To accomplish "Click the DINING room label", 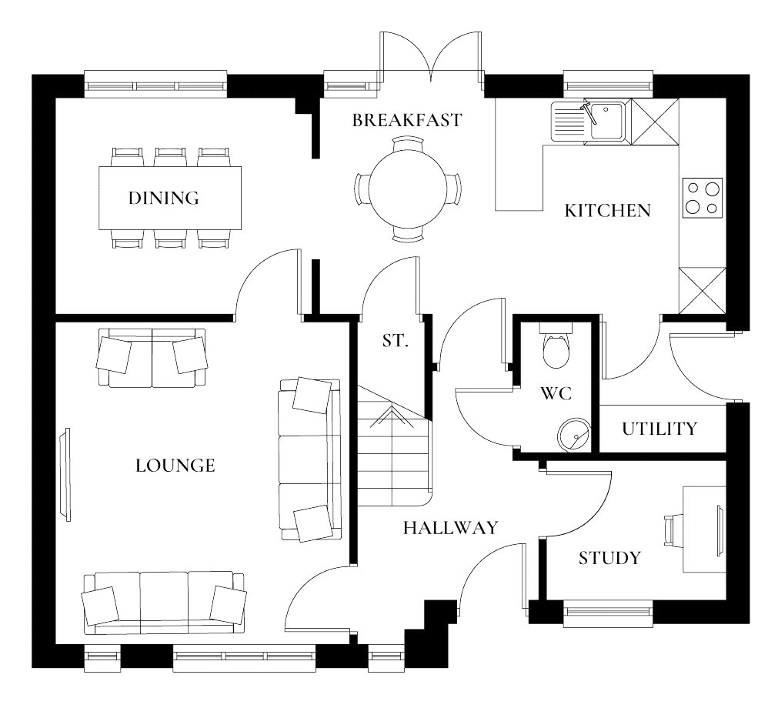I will (x=163, y=198).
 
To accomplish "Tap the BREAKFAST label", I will (x=407, y=120).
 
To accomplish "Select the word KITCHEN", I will (x=607, y=210).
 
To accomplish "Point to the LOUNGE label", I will (x=175, y=466).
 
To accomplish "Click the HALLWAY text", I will (x=450, y=528).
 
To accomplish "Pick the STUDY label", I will (x=609, y=558).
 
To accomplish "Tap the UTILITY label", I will (x=659, y=429).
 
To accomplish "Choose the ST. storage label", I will (x=395, y=340).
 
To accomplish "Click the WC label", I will (x=556, y=394).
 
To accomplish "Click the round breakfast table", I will (x=408, y=188).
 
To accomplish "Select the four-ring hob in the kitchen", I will (x=703, y=197).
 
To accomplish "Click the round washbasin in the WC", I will (x=573, y=435).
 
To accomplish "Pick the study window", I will (x=609, y=613).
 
